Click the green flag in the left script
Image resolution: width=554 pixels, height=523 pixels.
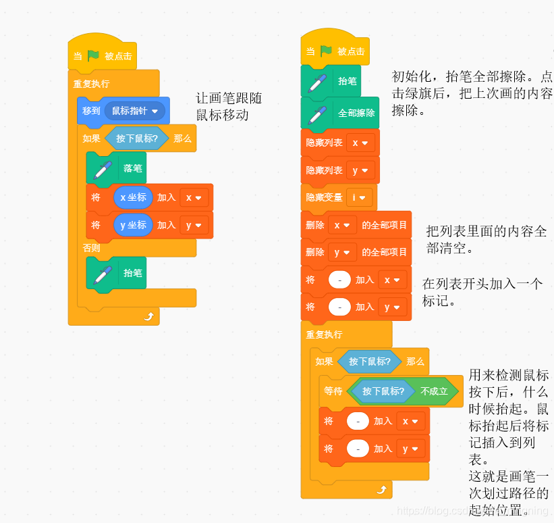93,56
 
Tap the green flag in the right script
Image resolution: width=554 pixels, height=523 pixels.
326,51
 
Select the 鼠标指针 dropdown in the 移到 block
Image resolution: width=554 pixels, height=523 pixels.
135,111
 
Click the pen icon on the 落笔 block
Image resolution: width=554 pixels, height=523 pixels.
103,169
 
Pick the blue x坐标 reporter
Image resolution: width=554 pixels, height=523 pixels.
133,198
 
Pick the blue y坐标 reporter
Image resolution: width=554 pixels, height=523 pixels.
133,225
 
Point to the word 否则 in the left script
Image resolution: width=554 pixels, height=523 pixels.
92,248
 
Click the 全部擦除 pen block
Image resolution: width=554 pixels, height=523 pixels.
340,113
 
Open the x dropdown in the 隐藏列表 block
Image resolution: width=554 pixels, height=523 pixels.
360,143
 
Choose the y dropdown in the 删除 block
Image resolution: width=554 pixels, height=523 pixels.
341,252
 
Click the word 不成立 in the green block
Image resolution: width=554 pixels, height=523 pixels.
434,391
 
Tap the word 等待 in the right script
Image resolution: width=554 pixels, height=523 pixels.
333,391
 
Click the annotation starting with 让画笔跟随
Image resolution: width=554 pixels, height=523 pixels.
228,107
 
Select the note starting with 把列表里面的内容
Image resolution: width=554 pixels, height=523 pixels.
487,240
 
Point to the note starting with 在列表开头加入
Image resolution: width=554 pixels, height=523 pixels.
482,292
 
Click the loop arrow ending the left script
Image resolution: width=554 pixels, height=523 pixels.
148,316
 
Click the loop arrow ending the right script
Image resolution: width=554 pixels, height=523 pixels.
381,490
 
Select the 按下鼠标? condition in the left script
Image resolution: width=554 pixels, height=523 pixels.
137,139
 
